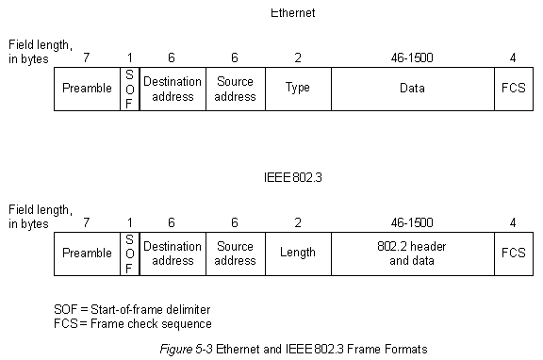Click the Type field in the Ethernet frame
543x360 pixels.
pos(297,89)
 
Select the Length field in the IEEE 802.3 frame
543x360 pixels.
pos(297,254)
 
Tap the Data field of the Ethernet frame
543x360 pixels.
pos(412,89)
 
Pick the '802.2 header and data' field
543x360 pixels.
pos(412,254)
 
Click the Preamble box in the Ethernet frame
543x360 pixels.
pos(87,89)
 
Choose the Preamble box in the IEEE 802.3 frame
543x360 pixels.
pos(87,254)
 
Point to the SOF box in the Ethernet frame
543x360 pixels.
pos(129,89)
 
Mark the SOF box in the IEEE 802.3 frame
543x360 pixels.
pos(129,254)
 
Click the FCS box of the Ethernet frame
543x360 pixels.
pos(512,89)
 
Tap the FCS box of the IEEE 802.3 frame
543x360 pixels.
pos(512,254)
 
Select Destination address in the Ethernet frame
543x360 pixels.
pos(173,89)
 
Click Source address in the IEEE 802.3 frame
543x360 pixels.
pos(235,254)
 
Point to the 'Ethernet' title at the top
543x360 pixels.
pos(292,13)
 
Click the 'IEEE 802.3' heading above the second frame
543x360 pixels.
pos(293,177)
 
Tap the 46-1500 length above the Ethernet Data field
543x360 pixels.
pos(412,58)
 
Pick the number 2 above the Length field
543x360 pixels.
pos(298,223)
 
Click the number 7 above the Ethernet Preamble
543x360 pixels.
pos(86,58)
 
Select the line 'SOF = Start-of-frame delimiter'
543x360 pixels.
pos(131,309)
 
